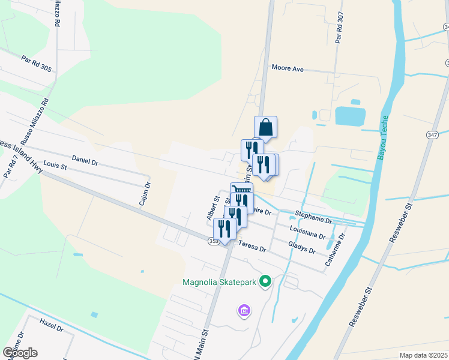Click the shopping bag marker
[x=265, y=127]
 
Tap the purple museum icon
[x=244, y=311]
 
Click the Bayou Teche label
[x=383, y=137]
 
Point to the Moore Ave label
[x=288, y=68]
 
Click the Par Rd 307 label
[x=340, y=28]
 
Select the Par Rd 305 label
[x=37, y=64]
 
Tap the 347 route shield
[x=432, y=136]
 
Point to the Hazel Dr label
[x=52, y=326]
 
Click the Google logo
[x=20, y=352]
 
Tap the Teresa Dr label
[x=252, y=246]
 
